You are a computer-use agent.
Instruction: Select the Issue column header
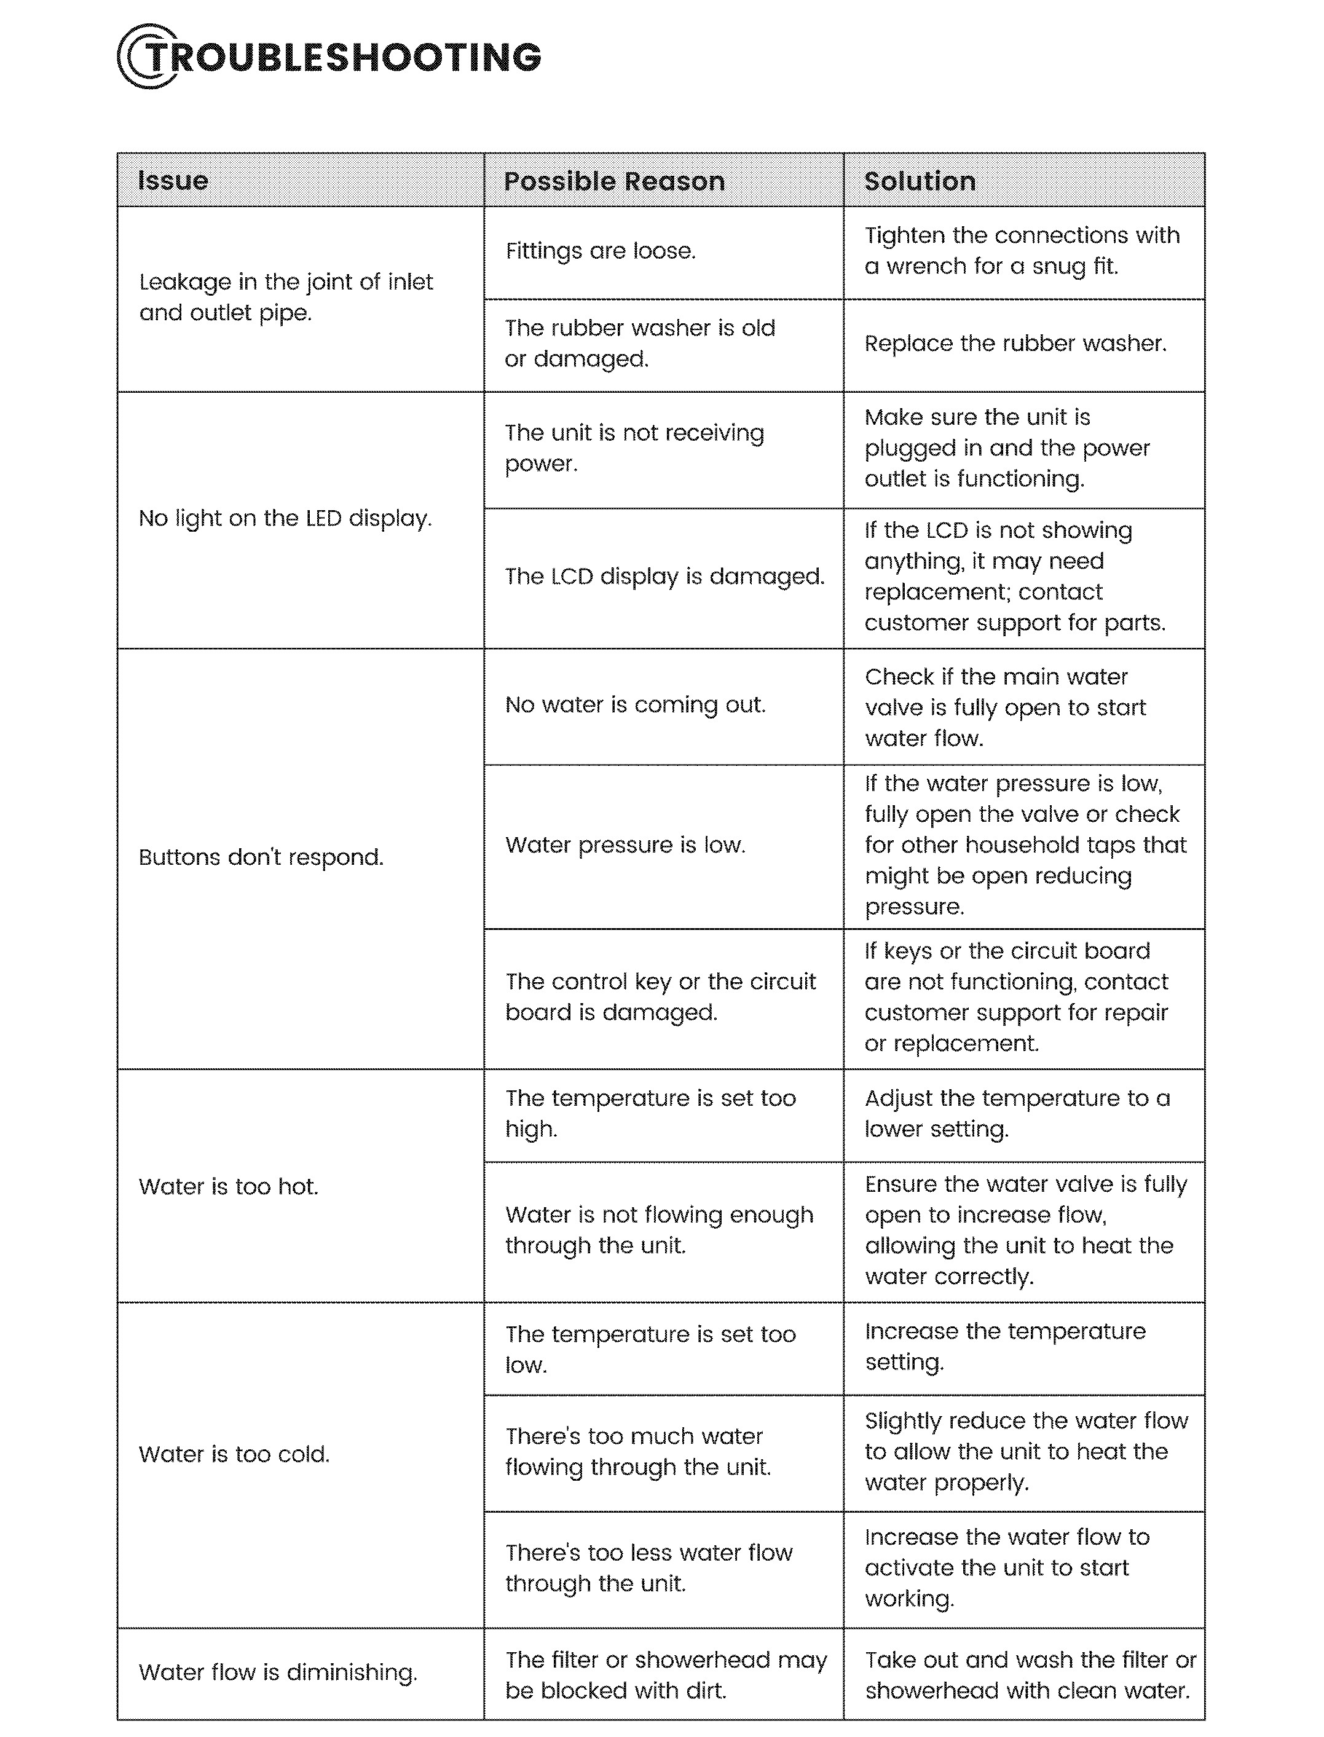point(173,181)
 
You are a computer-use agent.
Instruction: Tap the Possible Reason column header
point(614,181)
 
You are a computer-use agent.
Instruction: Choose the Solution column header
point(920,181)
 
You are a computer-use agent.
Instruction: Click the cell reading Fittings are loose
point(601,251)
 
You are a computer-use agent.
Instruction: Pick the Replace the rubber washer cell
point(1015,344)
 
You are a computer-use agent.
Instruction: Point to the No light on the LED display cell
point(285,519)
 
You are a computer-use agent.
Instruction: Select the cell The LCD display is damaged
point(664,577)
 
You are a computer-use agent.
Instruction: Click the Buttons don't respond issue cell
point(261,857)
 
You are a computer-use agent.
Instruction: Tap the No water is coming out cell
point(635,704)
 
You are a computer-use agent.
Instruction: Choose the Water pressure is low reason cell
point(625,845)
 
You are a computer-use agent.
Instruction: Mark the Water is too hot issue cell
point(229,1187)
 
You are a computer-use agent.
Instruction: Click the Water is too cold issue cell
point(234,1454)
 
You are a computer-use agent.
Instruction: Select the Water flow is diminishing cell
point(277,1672)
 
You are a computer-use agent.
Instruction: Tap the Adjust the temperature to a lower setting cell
point(1017,1114)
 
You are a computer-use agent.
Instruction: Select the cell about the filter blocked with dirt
point(665,1675)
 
